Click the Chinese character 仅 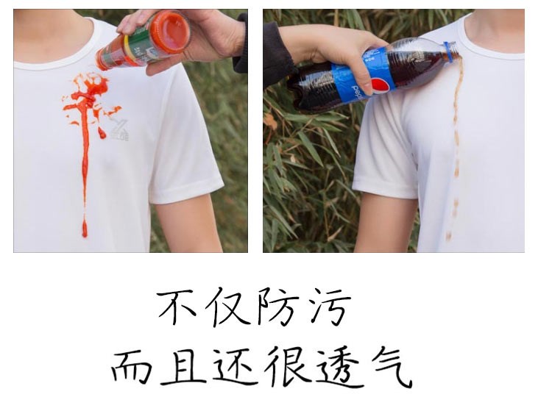click(x=226, y=307)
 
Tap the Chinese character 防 click(x=276, y=307)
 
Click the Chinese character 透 click(x=337, y=367)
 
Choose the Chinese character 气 click(x=390, y=367)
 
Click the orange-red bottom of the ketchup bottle click(x=171, y=32)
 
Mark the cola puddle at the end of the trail click(x=448, y=235)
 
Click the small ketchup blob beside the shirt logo click(x=102, y=132)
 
